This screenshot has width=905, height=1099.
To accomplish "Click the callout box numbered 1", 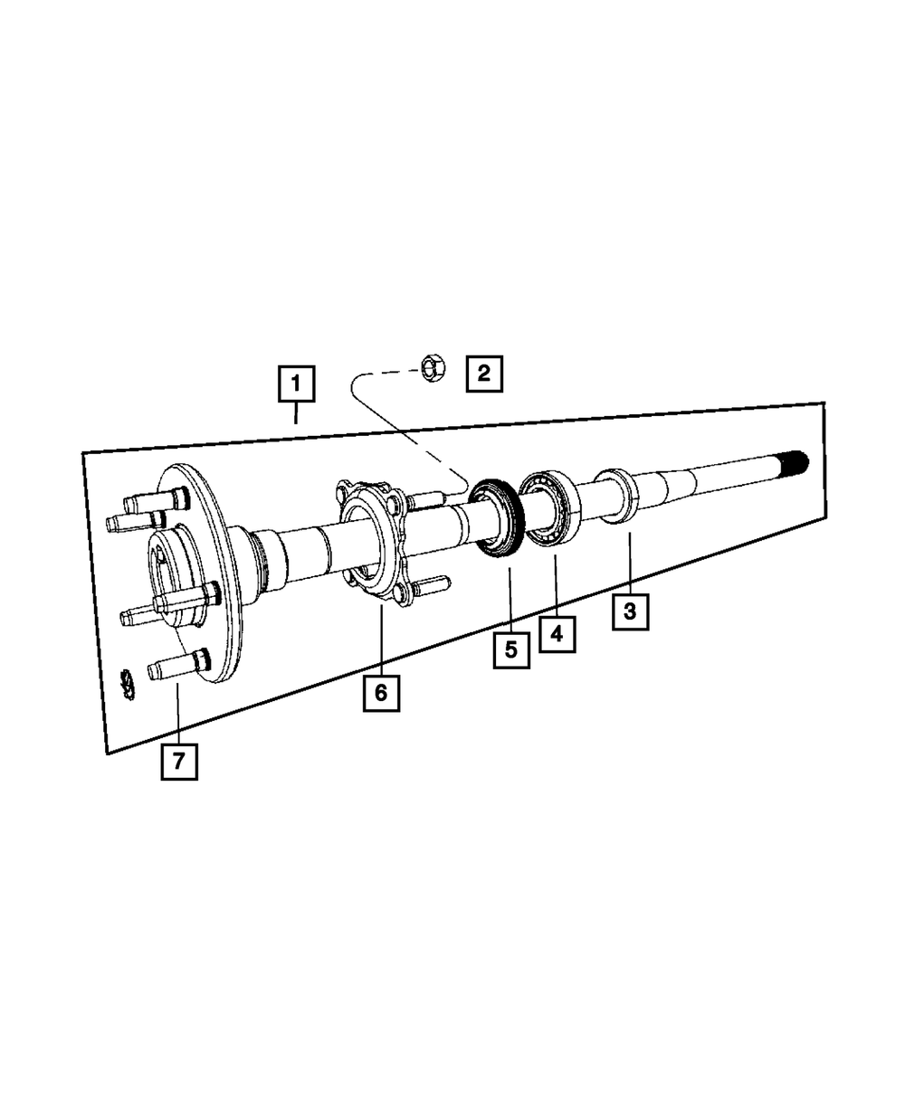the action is click(x=296, y=384).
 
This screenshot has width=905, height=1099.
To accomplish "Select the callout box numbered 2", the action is click(x=484, y=374).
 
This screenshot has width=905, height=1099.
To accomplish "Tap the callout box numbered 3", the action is click(x=630, y=611).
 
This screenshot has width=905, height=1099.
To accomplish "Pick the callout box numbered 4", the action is click(x=557, y=634).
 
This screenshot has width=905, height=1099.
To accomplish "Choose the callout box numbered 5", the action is click(x=511, y=649).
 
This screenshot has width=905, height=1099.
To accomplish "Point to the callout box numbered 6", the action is click(x=382, y=693).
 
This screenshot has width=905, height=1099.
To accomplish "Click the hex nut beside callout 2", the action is click(x=433, y=368).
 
